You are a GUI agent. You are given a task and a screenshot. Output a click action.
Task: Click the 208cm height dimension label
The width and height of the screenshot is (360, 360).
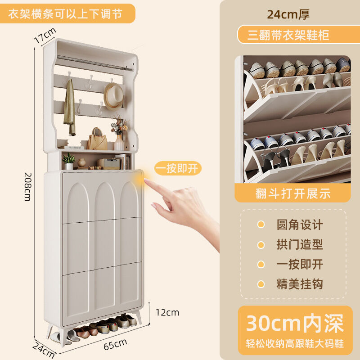click(27, 187)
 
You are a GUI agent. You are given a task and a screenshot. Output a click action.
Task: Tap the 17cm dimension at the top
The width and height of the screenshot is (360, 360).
click(45, 35)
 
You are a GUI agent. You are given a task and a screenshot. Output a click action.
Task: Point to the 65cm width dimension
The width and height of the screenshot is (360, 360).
click(115, 344)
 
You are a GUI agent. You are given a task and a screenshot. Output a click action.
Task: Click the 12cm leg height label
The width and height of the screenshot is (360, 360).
click(167, 312)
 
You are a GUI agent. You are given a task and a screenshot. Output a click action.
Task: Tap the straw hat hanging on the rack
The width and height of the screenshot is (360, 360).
click(114, 96)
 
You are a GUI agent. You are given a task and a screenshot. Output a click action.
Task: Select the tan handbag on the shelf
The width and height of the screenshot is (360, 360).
click(97, 139)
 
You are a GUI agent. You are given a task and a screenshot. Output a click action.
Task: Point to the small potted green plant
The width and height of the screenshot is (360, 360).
click(69, 161)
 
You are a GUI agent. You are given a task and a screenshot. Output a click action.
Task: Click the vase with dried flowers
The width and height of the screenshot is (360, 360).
click(119, 133)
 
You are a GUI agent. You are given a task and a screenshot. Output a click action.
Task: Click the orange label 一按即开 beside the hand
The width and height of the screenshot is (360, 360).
click(178, 168)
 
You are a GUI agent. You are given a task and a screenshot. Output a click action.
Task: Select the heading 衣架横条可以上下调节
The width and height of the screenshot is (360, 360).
click(65, 14)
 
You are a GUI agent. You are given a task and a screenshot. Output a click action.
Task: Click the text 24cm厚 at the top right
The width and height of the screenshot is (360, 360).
click(288, 14)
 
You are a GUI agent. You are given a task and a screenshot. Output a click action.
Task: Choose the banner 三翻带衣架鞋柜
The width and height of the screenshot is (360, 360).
click(288, 35)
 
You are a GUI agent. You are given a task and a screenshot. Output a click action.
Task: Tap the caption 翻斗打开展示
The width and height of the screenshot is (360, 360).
click(293, 193)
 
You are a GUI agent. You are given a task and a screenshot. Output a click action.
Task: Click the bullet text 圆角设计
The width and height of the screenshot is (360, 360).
click(300, 225)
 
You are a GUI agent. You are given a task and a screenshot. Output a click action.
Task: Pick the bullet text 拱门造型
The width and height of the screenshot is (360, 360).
click(300, 244)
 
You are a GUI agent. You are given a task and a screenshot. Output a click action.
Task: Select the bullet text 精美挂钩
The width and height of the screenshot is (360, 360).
click(300, 284)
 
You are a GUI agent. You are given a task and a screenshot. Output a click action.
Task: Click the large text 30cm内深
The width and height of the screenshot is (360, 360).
click(295, 323)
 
